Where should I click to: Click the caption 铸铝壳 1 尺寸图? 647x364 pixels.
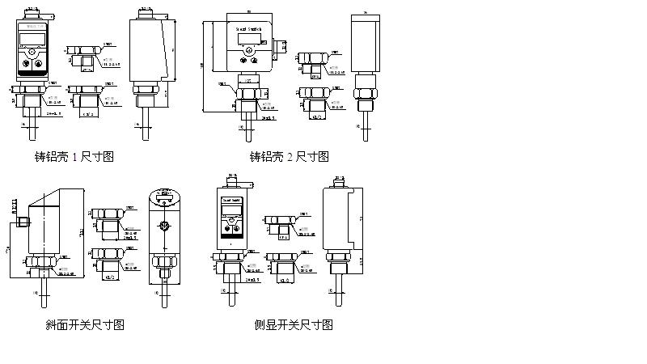[69, 156]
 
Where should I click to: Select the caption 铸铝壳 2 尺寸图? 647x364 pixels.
[290, 156]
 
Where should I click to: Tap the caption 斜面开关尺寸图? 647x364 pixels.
[85, 325]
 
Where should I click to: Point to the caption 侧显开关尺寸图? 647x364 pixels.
[294, 325]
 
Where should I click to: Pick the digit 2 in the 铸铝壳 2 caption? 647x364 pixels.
[292, 156]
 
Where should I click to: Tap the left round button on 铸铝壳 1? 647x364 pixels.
[29, 61]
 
